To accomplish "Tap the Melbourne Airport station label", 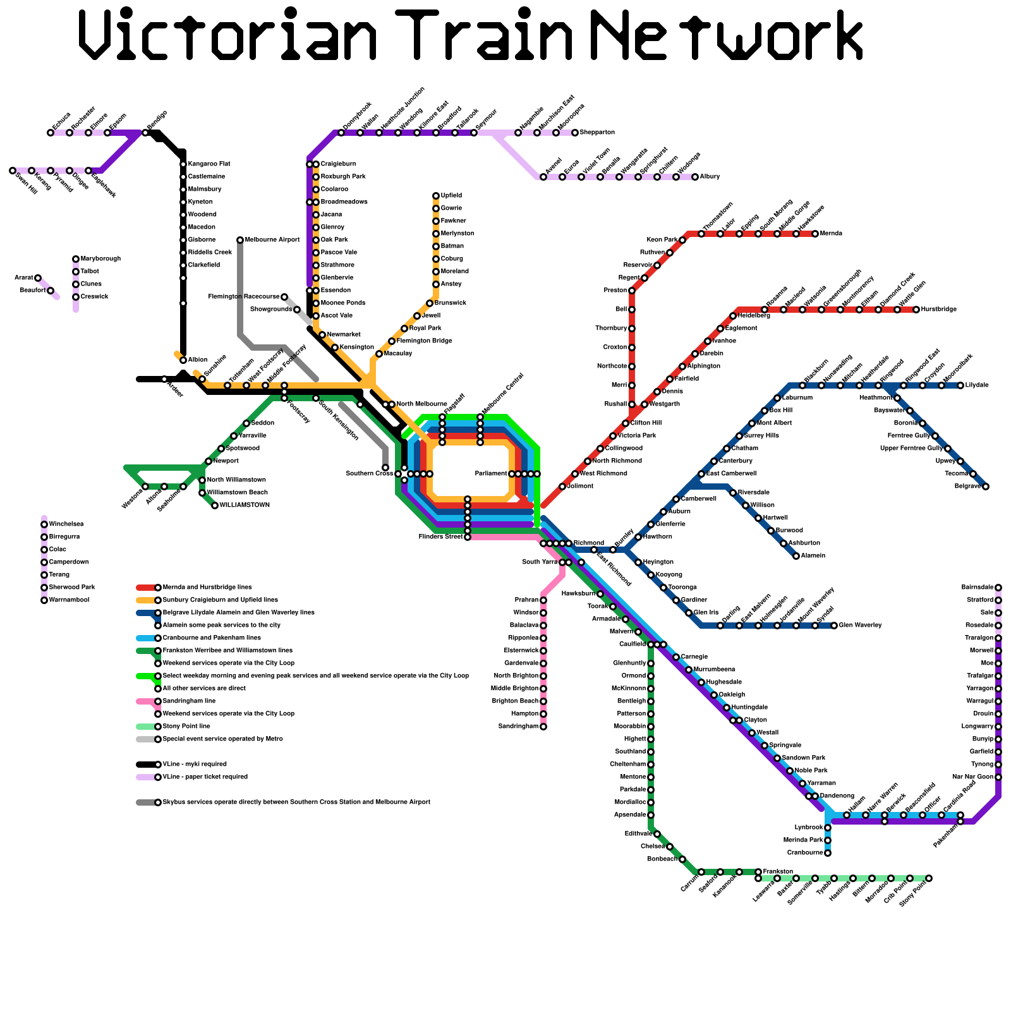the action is (272, 240).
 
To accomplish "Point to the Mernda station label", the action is (831, 234).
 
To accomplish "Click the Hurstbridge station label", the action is (939, 310).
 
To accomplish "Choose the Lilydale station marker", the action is (960, 385).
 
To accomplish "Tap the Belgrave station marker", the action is (986, 487).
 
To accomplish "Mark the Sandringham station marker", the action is (543, 727).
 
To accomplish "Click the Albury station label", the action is (710, 177).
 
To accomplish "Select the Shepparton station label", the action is (597, 133).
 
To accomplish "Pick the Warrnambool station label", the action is (69, 600).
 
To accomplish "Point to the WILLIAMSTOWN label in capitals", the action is (245, 505).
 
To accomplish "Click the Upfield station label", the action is (451, 196).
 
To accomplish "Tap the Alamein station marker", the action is (796, 556).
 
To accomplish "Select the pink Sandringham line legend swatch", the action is (145, 701).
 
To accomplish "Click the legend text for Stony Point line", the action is (186, 727).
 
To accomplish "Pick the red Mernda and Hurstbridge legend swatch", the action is (145, 588).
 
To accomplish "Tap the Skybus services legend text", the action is (296, 802).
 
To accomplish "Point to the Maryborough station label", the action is (100, 259).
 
